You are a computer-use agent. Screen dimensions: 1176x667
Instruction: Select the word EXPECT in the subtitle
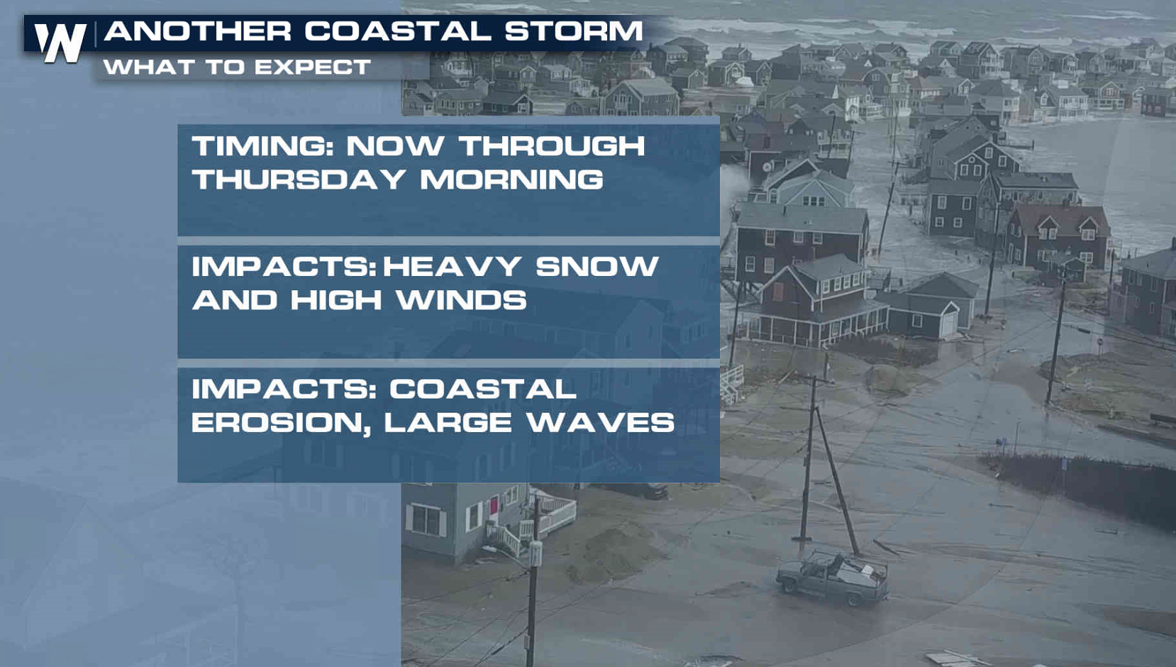[313, 67]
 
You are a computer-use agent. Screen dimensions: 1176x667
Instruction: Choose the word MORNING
[512, 179]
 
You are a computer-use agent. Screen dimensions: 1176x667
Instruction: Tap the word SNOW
[597, 266]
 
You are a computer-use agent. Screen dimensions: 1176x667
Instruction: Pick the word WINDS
[462, 300]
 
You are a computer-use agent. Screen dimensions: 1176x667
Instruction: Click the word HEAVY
[452, 266]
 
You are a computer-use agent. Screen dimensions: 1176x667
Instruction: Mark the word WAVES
[601, 422]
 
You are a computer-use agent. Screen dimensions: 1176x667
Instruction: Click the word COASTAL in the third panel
[483, 389]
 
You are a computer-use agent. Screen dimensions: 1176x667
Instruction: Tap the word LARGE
[448, 422]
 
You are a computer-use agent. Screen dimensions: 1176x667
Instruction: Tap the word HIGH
[336, 300]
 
